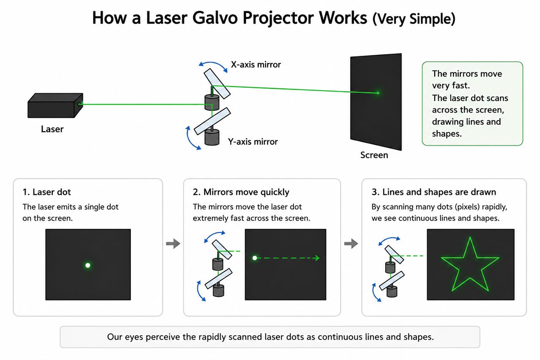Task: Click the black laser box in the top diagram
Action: coord(55,106)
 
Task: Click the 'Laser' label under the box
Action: coord(52,129)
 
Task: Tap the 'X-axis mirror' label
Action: coord(256,65)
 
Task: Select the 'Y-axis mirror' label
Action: coord(253,142)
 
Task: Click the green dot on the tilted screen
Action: coord(378,93)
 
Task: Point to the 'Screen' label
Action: coord(374,155)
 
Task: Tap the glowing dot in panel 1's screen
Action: coord(88,265)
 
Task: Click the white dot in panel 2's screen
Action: coord(254,258)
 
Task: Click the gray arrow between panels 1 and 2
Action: coord(173,244)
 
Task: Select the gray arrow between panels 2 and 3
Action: coord(351,244)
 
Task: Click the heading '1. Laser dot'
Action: coord(47,192)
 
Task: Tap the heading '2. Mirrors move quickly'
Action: coord(241,192)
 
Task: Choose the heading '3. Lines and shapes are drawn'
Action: coord(434,192)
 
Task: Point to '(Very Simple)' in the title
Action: coord(414,19)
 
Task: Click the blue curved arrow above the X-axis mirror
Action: coord(213,65)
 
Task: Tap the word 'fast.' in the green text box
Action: coord(460,86)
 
